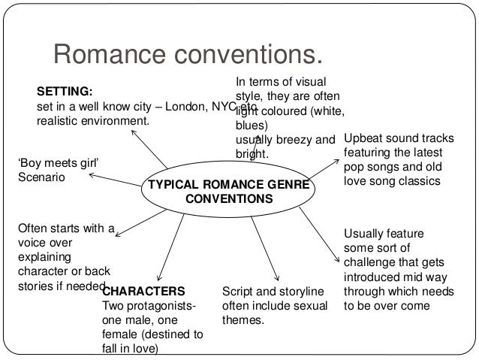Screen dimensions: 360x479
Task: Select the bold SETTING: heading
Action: pos(65,92)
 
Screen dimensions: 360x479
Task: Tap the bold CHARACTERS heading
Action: pos(143,291)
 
